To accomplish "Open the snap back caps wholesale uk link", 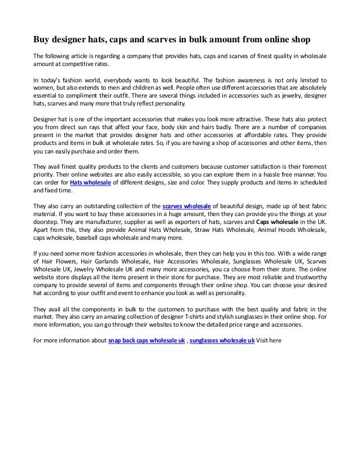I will (146, 341).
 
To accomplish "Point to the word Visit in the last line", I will (265, 341).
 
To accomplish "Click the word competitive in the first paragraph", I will (77, 65).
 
